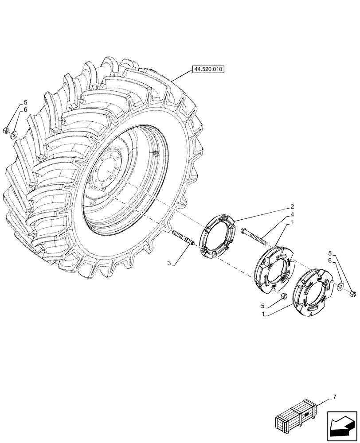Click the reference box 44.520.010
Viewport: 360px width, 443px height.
tap(208, 69)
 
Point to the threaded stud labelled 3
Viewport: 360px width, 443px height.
tap(183, 237)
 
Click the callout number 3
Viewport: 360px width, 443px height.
tap(169, 264)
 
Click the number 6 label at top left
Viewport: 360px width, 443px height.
tap(25, 109)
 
